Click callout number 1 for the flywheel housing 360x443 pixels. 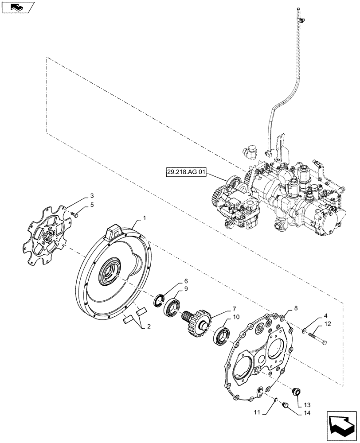point(144,218)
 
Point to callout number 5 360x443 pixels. point(92,205)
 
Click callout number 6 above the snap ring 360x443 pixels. point(186,281)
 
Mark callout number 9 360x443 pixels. point(186,289)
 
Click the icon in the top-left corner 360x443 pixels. point(17,7)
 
